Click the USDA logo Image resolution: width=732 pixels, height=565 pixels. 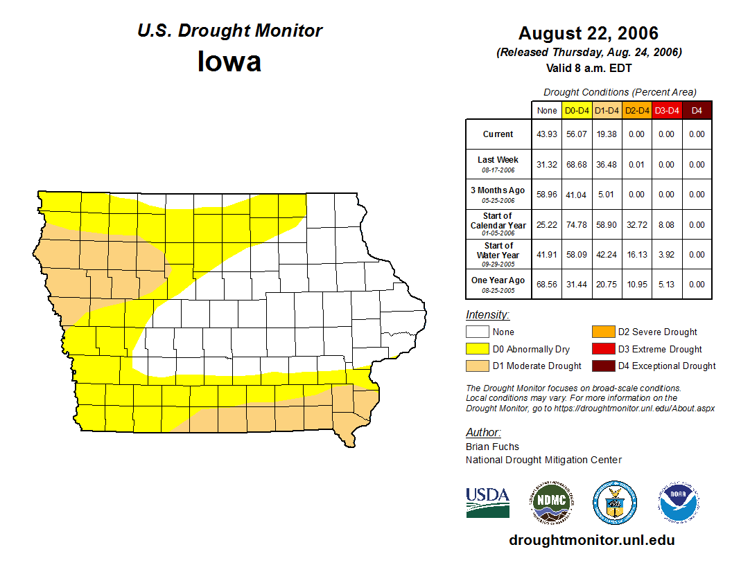coord(487,502)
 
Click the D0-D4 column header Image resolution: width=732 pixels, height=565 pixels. coord(577,111)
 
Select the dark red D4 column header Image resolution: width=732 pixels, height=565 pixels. coord(697,111)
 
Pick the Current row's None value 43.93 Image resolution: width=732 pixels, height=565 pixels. coord(547,134)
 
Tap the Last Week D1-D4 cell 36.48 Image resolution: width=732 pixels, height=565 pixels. coord(607,165)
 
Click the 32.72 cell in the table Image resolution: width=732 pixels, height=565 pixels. coord(636,225)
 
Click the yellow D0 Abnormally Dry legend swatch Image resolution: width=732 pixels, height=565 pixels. coord(477,349)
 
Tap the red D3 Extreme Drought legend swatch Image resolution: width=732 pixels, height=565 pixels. coord(602,349)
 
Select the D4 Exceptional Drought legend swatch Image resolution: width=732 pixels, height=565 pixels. coord(602,366)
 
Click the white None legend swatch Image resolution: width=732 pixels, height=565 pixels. coord(477,332)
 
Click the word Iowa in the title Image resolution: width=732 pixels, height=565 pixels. coord(229,62)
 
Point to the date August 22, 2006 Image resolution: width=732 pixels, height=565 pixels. coord(589,33)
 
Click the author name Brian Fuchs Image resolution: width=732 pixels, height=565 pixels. coord(492,447)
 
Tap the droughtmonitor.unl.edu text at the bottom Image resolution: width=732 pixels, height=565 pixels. coord(591,540)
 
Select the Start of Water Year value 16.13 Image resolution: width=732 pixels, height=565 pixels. coord(636,255)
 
